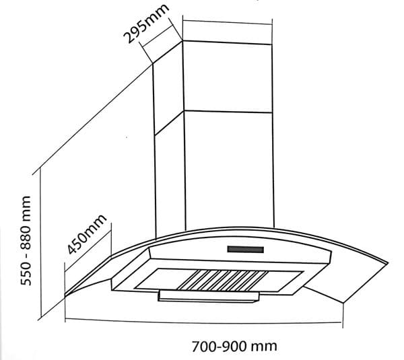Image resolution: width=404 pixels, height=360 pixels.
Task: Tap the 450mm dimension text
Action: (x=87, y=234)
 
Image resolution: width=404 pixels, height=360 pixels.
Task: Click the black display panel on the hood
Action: (x=245, y=250)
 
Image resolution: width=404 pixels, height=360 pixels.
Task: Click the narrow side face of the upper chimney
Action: (x=168, y=87)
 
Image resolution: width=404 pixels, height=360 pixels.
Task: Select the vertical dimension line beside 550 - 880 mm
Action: (x=42, y=242)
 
